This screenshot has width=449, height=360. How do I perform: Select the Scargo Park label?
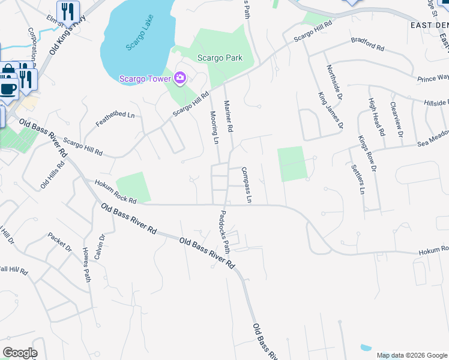(220, 58)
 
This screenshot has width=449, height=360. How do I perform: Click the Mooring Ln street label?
(214, 128)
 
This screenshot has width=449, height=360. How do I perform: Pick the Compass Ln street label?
(246, 184)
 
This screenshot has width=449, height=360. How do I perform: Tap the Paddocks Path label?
(224, 231)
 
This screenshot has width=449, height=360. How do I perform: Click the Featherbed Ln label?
(115, 119)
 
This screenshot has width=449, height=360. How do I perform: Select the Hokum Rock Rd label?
(111, 191)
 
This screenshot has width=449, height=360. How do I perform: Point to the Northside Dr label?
(334, 83)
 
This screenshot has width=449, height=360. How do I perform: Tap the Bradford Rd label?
(368, 45)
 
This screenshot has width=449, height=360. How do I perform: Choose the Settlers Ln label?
(357, 178)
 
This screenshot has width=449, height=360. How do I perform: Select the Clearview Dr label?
(396, 118)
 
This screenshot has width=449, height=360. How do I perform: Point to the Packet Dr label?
(59, 242)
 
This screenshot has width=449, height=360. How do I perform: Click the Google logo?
(20, 353)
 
